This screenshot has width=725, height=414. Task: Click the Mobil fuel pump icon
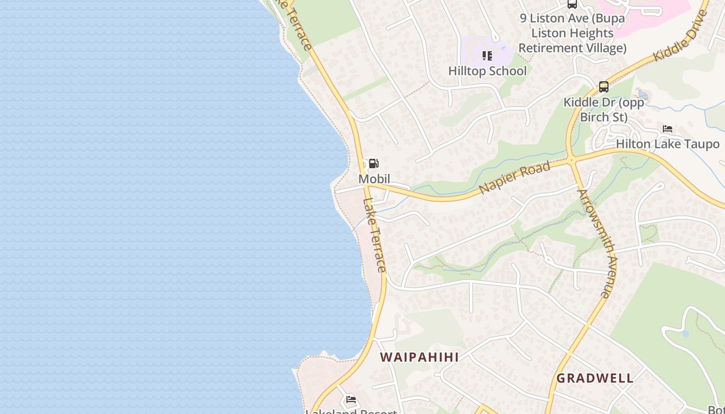pos(373,164)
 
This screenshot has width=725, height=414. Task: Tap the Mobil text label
pos(374,179)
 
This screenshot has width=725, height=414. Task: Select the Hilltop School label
pos(487,71)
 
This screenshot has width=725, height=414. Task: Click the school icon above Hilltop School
pos(487,55)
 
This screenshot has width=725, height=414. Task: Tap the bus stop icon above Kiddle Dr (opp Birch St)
pos(603,87)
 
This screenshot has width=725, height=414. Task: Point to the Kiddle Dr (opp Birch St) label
pos(604,110)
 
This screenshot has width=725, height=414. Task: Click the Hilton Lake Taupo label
pos(668,144)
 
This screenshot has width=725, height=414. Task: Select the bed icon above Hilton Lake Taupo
pos(668,129)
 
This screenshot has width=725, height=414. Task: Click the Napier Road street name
pos(514,178)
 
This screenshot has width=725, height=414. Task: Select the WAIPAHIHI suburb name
pos(419,357)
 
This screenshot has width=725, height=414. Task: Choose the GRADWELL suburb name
pos(595,378)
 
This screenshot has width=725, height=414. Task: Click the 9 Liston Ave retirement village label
pos(572,33)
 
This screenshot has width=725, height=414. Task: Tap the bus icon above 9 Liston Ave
pos(572,4)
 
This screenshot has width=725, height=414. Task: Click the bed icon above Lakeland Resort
pos(351,400)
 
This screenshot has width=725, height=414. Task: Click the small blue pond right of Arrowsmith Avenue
pos(686,334)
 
